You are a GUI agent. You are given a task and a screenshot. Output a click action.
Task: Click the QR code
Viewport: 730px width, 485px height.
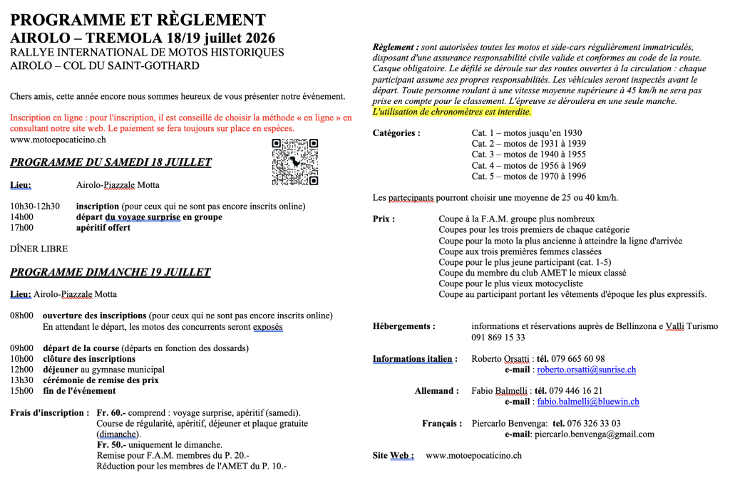pyautogui.click(x=295, y=162)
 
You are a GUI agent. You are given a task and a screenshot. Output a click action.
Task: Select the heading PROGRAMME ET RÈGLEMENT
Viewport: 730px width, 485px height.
pyautogui.click(x=138, y=20)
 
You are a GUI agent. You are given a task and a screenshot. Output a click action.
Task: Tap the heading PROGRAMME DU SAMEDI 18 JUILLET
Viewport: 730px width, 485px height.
pyautogui.click(x=110, y=162)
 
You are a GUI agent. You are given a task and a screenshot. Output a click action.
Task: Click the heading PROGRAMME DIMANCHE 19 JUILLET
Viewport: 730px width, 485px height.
pyautogui.click(x=110, y=272)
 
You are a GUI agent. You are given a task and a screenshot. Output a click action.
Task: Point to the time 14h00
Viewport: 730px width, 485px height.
pyautogui.click(x=21, y=217)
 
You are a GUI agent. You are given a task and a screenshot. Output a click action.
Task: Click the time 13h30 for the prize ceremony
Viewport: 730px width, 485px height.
pyautogui.click(x=21, y=380)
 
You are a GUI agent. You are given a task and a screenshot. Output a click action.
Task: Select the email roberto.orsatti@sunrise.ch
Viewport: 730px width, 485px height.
pyautogui.click(x=586, y=370)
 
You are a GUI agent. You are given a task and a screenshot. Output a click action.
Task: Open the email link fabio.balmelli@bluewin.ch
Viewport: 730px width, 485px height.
pyautogui.click(x=587, y=402)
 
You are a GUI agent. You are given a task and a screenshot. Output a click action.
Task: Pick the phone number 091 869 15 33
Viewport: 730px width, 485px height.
pyautogui.click(x=498, y=338)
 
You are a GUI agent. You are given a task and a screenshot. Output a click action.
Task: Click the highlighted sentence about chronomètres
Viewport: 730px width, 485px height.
pyautogui.click(x=452, y=112)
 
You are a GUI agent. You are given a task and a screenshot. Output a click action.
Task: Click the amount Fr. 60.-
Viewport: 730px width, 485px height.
pyautogui.click(x=111, y=412)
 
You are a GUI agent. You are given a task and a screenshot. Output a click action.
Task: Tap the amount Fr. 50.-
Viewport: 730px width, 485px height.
pyautogui.click(x=111, y=445)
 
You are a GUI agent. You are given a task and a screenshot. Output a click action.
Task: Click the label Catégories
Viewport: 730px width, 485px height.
pyautogui.click(x=396, y=133)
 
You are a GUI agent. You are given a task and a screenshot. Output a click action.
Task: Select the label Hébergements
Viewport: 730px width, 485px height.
pyautogui.click(x=403, y=326)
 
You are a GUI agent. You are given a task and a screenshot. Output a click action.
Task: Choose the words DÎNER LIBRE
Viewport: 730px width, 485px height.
pyautogui.click(x=38, y=249)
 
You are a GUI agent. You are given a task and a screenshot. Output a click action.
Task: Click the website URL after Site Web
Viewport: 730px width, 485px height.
pyautogui.click(x=473, y=455)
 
